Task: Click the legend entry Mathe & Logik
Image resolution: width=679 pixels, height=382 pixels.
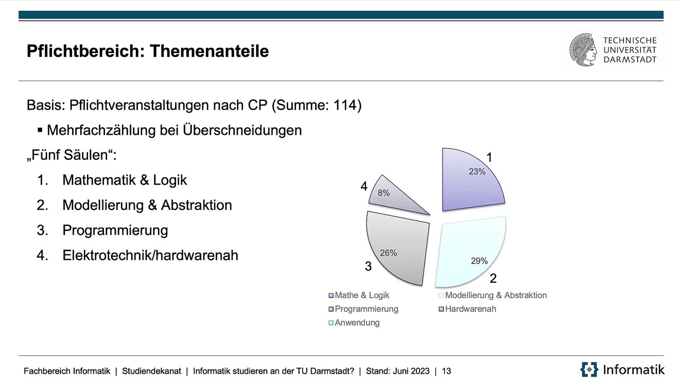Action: click(362, 296)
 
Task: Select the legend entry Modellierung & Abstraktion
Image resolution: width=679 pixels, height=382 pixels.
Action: click(495, 296)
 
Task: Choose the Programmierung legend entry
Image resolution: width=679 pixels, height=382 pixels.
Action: click(366, 309)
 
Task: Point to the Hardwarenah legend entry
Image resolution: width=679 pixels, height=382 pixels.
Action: click(471, 309)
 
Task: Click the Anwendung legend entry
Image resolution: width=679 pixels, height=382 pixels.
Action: click(357, 323)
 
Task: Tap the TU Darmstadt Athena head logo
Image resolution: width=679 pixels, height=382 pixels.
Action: click(583, 50)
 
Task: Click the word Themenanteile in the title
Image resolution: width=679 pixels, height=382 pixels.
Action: click(209, 51)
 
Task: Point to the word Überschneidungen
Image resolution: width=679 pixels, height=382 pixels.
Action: click(242, 130)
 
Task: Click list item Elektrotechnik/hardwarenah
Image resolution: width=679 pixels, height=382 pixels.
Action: click(150, 255)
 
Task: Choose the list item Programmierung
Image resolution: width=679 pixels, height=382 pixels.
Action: click(115, 230)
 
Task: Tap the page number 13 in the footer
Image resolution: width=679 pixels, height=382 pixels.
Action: click(446, 371)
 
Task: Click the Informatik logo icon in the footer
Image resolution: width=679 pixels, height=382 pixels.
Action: click(589, 369)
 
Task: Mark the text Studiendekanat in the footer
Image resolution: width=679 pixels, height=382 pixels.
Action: click(151, 371)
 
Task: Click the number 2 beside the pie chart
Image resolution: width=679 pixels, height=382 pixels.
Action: click(493, 278)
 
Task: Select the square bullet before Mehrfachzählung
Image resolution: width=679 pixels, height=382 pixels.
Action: click(40, 130)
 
